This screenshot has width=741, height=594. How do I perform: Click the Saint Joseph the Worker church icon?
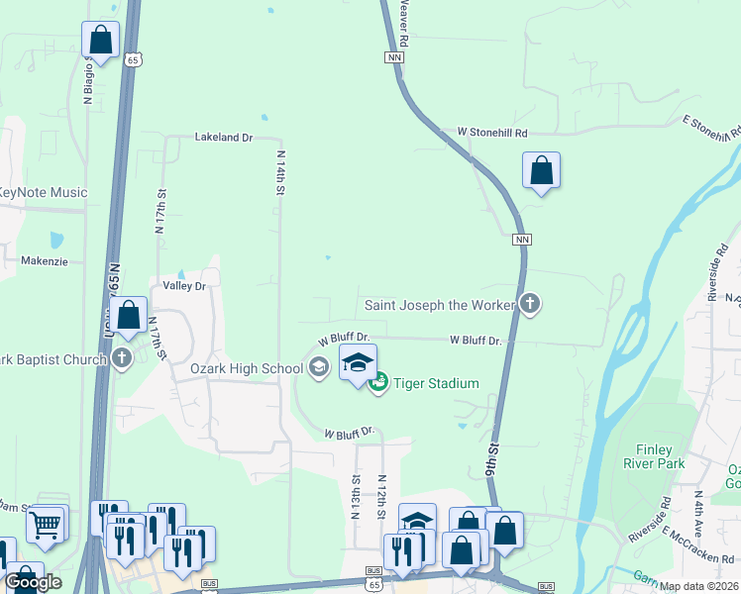point(530,304)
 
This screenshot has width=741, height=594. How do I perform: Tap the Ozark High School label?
point(247,369)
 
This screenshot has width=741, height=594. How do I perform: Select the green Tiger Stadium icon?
point(377,383)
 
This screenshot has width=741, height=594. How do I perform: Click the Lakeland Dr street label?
point(224,137)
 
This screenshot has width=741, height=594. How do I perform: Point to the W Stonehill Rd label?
point(492,132)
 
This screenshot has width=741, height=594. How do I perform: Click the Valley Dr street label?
point(183,285)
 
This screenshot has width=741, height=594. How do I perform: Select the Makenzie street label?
point(44,261)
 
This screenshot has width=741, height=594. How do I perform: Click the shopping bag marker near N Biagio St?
point(100,41)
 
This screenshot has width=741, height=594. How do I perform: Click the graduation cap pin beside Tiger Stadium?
point(358,362)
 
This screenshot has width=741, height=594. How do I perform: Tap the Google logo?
point(33,582)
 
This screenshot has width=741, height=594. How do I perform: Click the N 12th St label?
point(380,497)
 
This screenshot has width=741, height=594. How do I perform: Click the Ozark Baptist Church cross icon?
point(121,357)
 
